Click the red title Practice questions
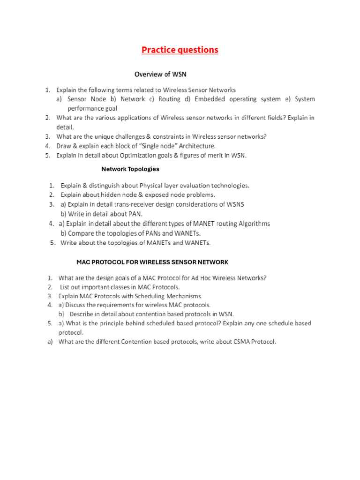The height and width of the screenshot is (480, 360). pyautogui.click(x=180, y=50)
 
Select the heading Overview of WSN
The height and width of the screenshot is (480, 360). pyautogui.click(x=161, y=74)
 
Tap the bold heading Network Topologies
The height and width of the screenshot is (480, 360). pyautogui.click(x=130, y=169)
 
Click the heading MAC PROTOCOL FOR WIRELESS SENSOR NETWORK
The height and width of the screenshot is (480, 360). pyautogui.click(x=152, y=262)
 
